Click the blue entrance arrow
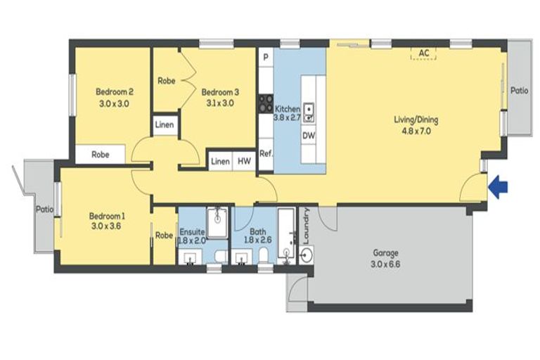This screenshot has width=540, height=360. point(499,188)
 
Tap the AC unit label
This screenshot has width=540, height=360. point(423,53)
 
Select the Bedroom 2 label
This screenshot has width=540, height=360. point(115,97)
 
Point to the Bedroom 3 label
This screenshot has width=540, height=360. point(221,97)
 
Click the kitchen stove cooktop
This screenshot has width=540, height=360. point(266,104)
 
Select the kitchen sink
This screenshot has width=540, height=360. point(309,109)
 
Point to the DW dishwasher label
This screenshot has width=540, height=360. point(309,135)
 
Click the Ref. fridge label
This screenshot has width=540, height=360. point(266,153)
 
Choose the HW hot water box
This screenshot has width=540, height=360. point(244,161)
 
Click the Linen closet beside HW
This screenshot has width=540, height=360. point(220,161)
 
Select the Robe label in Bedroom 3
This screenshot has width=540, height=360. point(167,81)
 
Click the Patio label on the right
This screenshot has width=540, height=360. point(519,90)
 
